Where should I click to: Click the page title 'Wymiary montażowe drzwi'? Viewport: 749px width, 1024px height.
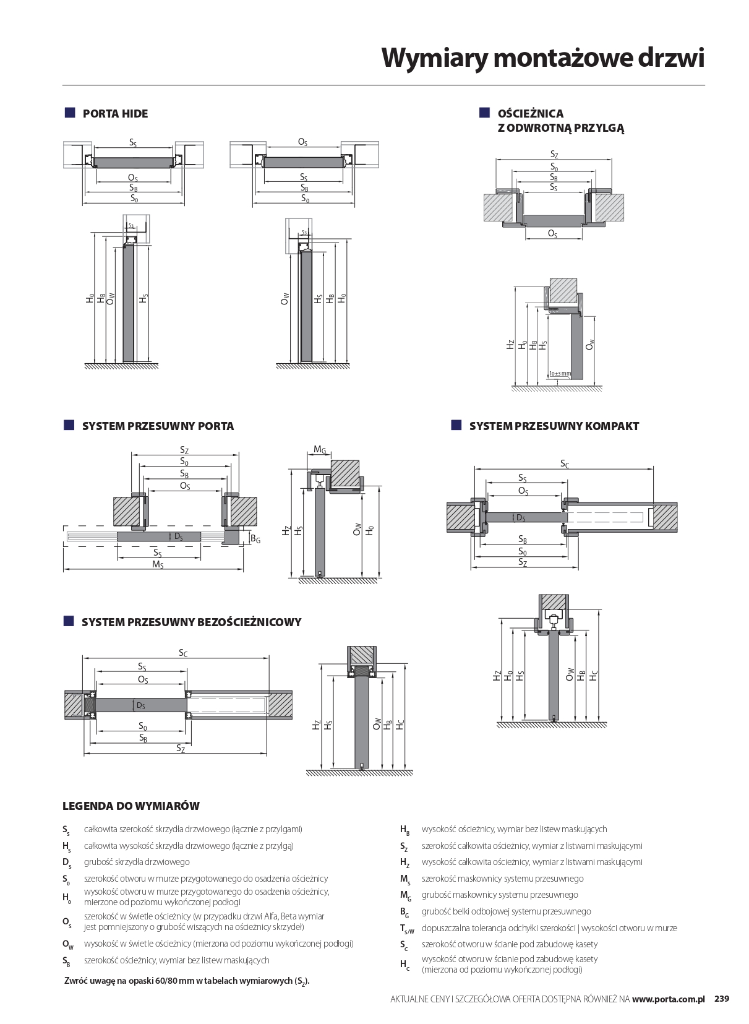pos(542,58)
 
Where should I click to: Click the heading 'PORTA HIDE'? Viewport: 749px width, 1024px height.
pos(115,114)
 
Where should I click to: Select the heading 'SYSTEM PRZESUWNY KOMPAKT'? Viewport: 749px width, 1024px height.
pos(554,426)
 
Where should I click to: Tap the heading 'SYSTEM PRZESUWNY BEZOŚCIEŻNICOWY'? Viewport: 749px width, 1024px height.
pos(191,622)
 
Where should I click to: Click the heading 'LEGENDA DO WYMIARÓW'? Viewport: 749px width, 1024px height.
pos(131,806)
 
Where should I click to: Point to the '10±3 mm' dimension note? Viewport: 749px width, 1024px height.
pos(560,374)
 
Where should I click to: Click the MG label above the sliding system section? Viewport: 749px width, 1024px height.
pos(319,450)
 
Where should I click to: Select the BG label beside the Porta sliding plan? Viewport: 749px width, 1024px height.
pos(255,539)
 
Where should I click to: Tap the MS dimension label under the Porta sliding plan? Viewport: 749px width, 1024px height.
pos(158,564)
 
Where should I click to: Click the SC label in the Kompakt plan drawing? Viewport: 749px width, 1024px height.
pos(564,463)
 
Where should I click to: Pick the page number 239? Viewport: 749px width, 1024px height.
pos(722,999)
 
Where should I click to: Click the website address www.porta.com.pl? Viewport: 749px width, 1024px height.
pos(668,999)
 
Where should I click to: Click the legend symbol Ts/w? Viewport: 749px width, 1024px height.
pos(406,929)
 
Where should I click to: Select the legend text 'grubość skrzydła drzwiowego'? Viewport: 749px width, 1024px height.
pos(137,862)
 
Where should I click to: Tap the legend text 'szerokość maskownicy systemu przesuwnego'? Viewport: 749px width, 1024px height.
pos(502,879)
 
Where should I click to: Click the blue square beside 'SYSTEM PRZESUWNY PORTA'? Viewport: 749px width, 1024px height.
pos(69,426)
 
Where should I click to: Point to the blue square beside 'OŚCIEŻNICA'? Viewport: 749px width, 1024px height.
pos(484,113)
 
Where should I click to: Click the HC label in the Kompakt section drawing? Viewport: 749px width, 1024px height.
pos(594,676)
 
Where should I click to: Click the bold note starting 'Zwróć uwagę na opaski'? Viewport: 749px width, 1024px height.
pos(187,981)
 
